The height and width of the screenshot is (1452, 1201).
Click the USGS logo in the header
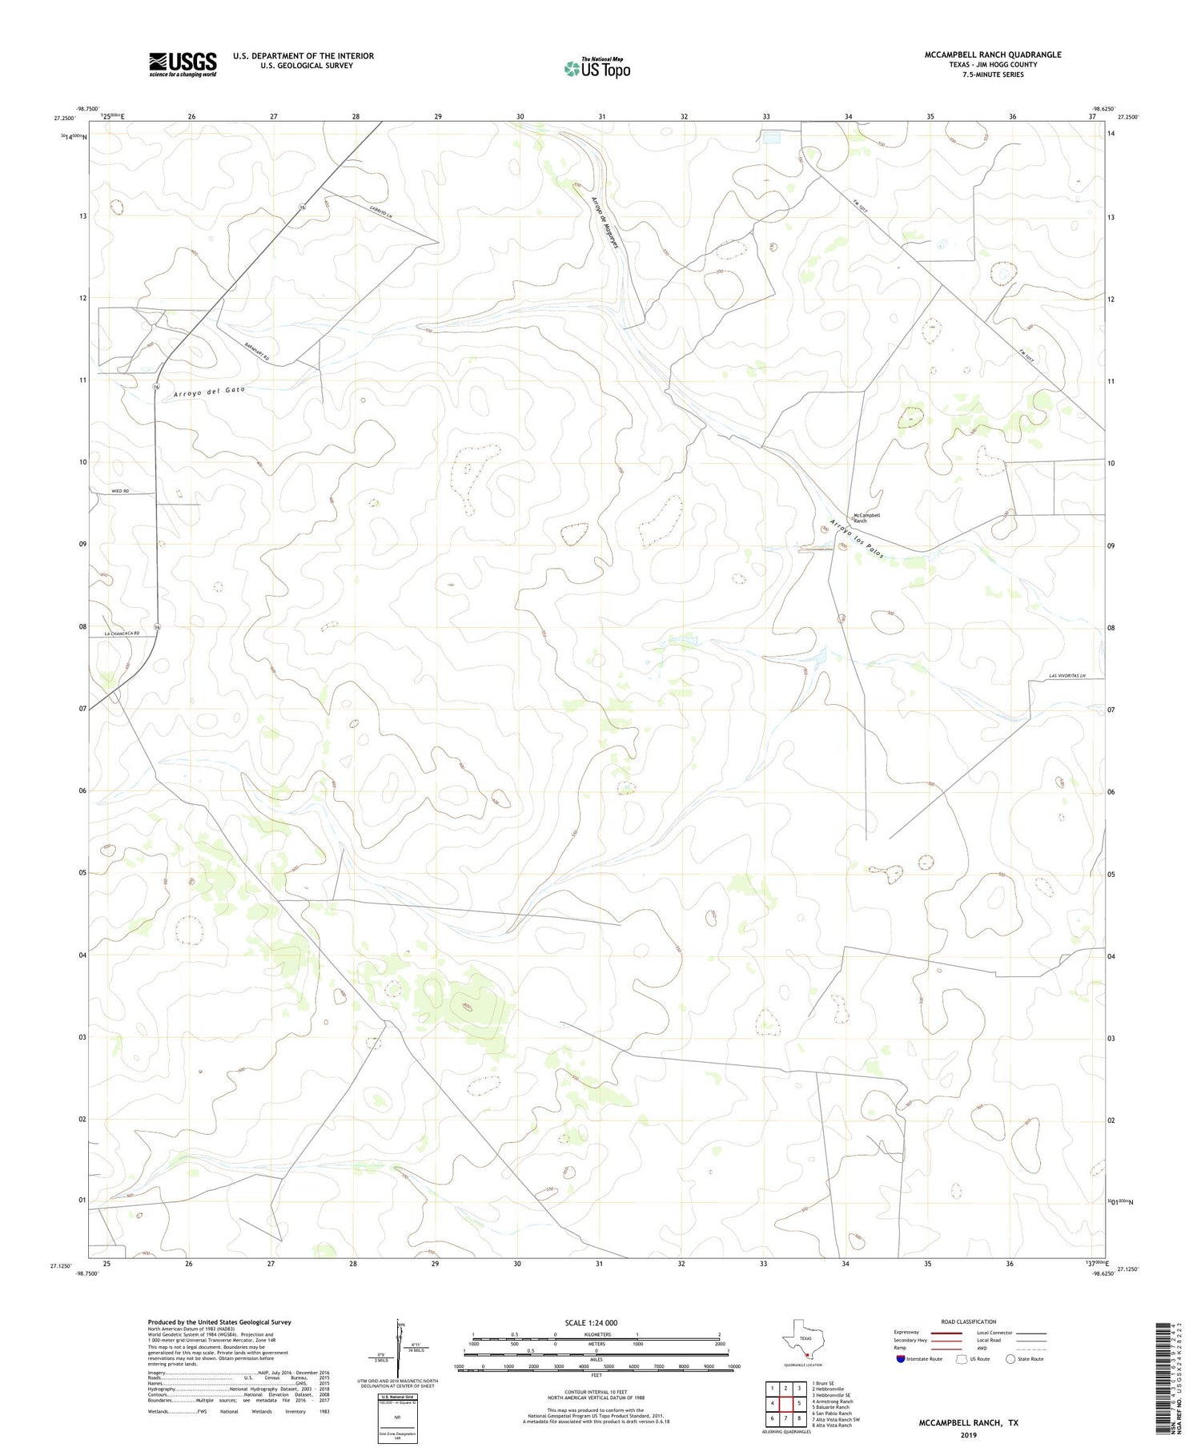click(x=183, y=64)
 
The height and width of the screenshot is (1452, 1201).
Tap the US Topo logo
click(x=596, y=69)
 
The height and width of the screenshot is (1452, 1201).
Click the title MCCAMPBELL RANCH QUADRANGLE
click(x=993, y=54)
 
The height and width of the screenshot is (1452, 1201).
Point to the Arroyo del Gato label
click(x=209, y=392)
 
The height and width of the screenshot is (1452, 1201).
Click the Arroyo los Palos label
click(x=856, y=541)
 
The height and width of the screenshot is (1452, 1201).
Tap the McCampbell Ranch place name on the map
click(x=866, y=518)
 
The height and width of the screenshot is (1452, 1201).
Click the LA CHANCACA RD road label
click(x=122, y=633)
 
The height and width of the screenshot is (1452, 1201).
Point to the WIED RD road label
click(x=120, y=491)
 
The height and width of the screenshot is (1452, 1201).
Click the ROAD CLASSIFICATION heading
click(x=968, y=1321)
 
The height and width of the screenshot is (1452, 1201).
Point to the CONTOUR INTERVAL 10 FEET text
click(x=596, y=1394)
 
